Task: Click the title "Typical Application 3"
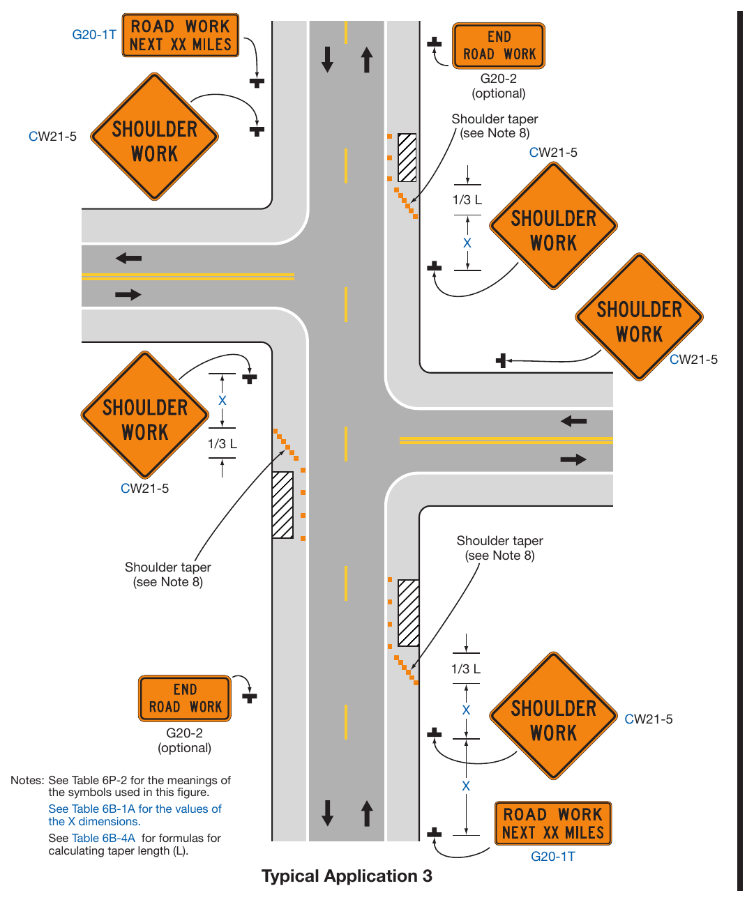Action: click(346, 876)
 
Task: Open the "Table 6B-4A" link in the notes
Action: click(103, 838)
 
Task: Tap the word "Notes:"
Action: click(27, 780)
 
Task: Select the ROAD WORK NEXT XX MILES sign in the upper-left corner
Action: click(180, 36)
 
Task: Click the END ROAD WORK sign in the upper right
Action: click(499, 46)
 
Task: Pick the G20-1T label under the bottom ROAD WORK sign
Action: click(553, 856)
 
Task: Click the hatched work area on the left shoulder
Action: click(282, 505)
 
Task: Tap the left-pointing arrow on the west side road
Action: click(128, 259)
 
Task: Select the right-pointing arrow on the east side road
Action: click(573, 459)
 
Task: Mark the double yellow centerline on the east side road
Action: click(506, 441)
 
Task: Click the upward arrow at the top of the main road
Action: click(367, 60)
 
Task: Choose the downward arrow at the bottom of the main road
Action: click(327, 813)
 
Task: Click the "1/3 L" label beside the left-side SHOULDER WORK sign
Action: click(223, 443)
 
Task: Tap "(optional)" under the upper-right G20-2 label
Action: click(499, 93)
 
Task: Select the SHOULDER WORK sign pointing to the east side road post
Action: click(639, 316)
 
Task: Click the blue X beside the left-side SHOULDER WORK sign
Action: click(223, 400)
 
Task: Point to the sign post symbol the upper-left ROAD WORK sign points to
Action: click(257, 82)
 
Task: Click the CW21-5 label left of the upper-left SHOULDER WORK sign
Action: click(52, 137)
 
